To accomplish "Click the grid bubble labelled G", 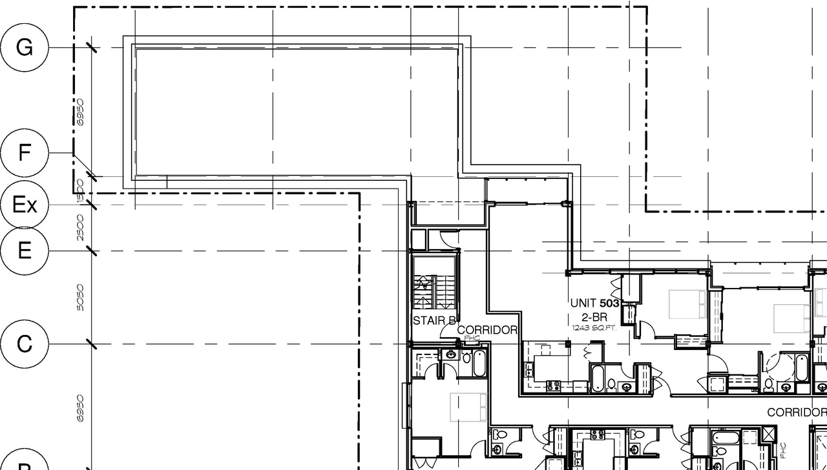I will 24,47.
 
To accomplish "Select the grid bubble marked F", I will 24,153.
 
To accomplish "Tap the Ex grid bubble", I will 24,205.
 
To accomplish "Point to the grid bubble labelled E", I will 24,250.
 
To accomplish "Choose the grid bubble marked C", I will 24,343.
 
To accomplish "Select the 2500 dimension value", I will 80,227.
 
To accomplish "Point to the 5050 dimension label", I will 80,297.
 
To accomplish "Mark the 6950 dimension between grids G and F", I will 80,112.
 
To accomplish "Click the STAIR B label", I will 434,321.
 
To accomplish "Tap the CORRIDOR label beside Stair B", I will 487,330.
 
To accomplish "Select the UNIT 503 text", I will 594,303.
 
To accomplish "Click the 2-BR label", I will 594,317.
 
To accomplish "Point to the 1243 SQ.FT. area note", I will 594,328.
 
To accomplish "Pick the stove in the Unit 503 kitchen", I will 554,386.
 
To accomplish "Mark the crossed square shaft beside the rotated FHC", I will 768,434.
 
